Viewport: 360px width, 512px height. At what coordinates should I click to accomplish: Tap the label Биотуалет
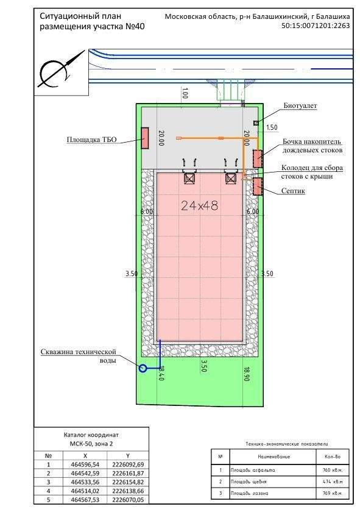300,106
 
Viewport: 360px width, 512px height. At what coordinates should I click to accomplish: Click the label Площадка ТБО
93,140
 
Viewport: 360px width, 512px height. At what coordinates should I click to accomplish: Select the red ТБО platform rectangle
146,138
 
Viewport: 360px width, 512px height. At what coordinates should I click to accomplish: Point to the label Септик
293,191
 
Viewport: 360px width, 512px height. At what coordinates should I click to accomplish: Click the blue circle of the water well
143,368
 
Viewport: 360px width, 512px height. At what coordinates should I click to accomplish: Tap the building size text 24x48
200,206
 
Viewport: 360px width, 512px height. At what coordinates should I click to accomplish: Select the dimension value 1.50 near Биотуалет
272,127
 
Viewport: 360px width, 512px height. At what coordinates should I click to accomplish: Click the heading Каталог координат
91,436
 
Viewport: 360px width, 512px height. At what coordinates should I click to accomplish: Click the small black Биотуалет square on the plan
256,124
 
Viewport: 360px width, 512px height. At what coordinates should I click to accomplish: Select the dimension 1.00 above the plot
185,93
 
